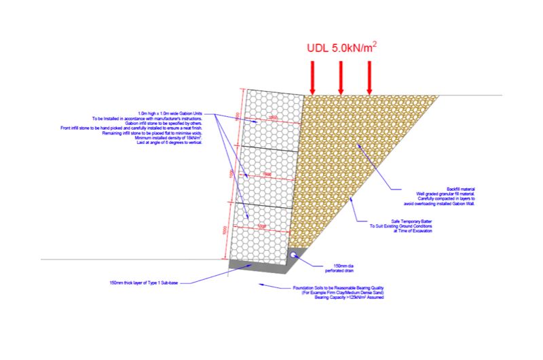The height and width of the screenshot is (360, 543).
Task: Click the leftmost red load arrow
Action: pos(313,77)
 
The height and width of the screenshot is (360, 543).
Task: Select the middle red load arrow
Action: pos(341,77)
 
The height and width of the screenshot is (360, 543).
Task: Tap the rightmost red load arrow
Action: pos(369,77)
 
